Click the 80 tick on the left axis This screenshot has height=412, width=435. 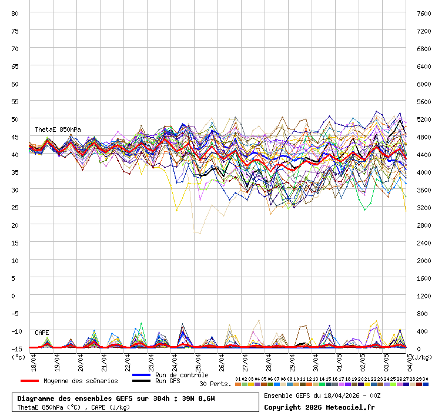tap(15, 13)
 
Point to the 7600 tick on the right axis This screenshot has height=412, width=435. tap(424, 13)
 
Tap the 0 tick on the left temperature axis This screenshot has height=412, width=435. tap(18, 295)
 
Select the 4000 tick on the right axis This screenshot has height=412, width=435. tap(424, 172)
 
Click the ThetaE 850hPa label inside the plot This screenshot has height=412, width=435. tap(58, 129)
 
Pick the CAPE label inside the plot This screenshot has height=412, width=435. tap(42, 333)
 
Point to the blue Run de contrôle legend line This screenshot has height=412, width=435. tap(141, 375)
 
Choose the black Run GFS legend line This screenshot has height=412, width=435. tap(141, 381)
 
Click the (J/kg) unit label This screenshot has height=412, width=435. tap(421, 357)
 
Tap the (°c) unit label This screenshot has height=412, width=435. tap(18, 357)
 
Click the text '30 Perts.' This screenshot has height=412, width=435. tap(215, 384)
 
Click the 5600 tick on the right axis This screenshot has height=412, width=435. tap(424, 101)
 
